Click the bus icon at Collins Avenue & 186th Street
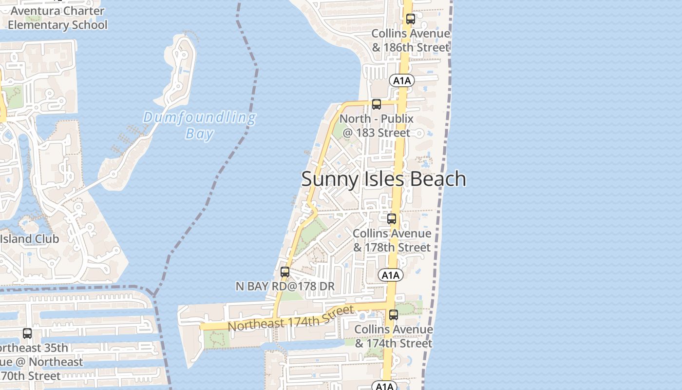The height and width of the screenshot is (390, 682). pos(411,19)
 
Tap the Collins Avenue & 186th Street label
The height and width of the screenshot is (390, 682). pos(411,40)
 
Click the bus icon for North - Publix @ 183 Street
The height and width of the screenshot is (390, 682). pos(376,104)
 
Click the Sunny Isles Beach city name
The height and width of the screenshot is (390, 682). pos(383,179)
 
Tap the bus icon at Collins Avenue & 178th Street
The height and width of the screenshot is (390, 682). pos(392,219)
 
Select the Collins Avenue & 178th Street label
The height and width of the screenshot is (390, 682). pos(392,240)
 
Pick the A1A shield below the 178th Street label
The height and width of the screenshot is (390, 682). pos(390,275)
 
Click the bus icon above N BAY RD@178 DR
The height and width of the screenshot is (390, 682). pos(285,272)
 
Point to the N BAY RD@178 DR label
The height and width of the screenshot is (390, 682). pos(285,286)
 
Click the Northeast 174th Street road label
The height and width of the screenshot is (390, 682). pos(290,318)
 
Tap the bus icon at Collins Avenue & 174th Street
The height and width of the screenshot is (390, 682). pos(394,315)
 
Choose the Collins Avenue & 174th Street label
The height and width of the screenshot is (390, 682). pos(394,336)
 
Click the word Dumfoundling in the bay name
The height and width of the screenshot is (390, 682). pos(199,117)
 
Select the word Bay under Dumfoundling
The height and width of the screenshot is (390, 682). pos(199,134)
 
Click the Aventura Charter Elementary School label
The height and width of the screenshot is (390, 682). pos(57,18)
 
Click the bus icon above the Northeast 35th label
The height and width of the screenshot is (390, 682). pos(27,333)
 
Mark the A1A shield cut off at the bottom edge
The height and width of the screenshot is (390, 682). pos(384,386)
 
